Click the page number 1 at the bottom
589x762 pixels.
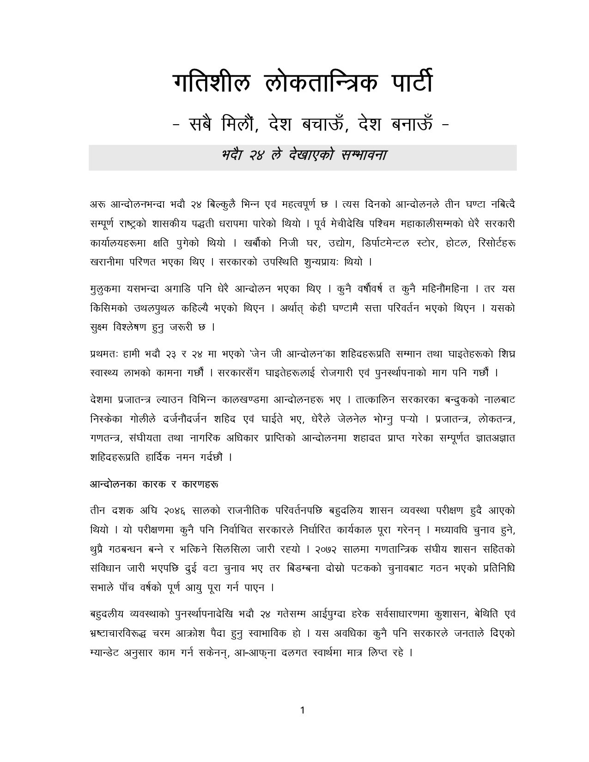pos(302,710)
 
